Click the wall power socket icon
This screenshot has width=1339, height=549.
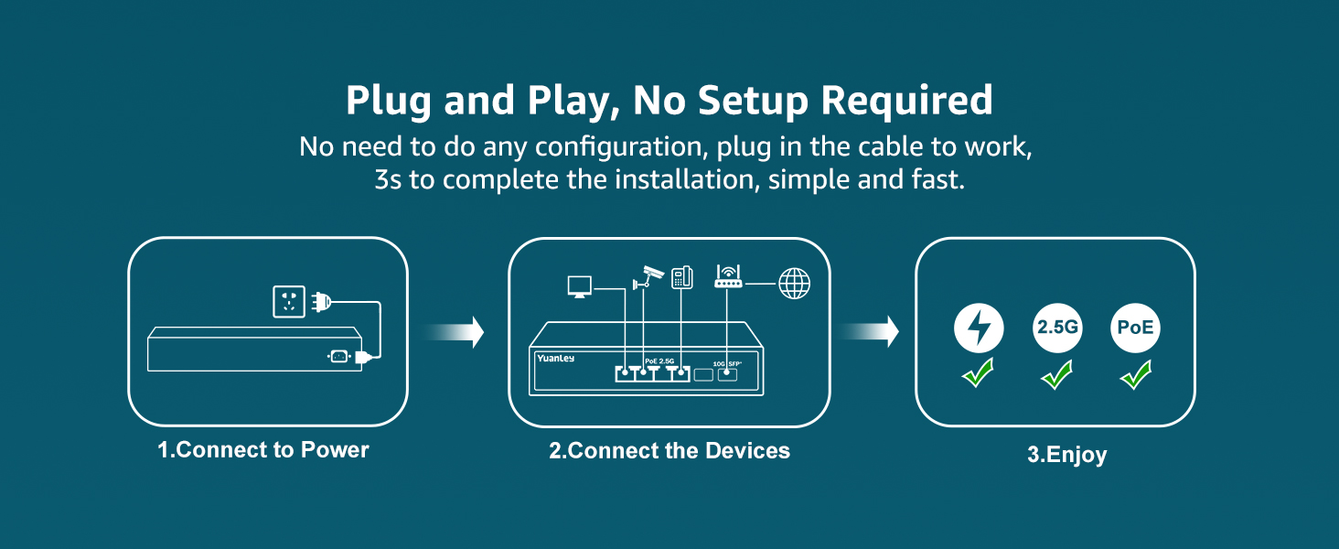click(x=289, y=301)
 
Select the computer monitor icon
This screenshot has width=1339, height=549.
click(x=579, y=285)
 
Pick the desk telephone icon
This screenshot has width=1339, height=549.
click(x=681, y=276)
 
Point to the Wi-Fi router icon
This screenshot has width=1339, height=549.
click(x=728, y=277)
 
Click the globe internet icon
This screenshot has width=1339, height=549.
click(x=794, y=283)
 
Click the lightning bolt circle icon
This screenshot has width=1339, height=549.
click(x=979, y=328)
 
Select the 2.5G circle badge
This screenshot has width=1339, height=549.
click(x=1057, y=328)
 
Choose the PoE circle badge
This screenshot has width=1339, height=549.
click(x=1135, y=328)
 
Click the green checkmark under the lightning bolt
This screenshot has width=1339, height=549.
click(x=979, y=373)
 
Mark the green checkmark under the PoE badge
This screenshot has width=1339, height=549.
click(x=1136, y=373)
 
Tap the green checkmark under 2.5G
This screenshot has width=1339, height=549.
click(x=1057, y=373)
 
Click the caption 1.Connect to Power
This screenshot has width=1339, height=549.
click(x=263, y=450)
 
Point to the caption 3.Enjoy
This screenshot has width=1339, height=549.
click(x=1066, y=454)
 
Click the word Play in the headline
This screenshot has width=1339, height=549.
click(x=567, y=101)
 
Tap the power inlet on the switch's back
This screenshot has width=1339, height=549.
click(x=338, y=357)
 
